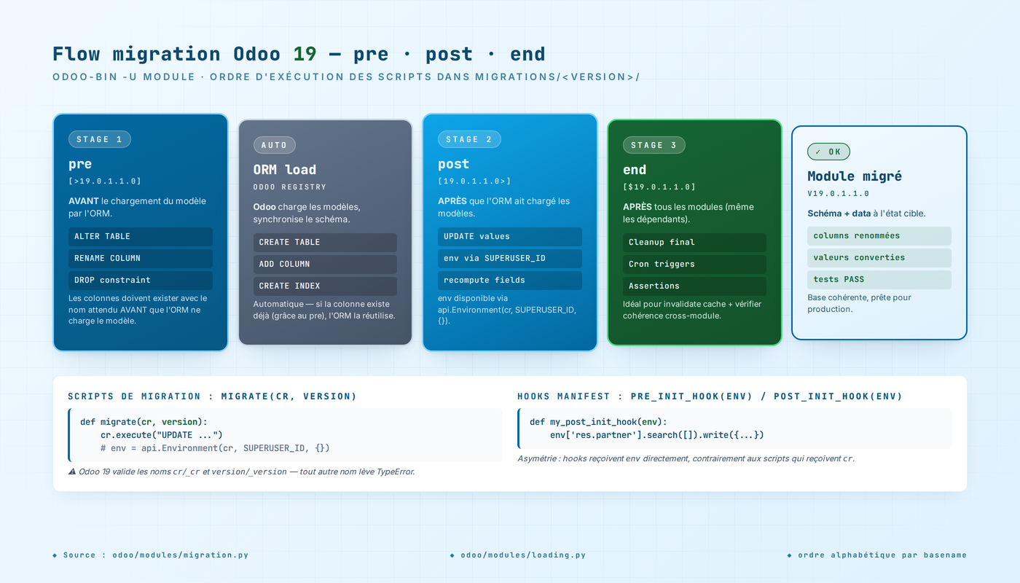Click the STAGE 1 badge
[99, 139]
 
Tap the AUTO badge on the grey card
[274, 145]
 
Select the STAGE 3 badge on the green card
[654, 145]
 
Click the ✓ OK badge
[828, 152]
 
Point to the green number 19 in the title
[305, 54]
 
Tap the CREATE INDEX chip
[325, 286]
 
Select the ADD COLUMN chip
[325, 264]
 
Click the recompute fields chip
[509, 280]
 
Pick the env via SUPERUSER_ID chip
[509, 258]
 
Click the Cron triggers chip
[694, 264]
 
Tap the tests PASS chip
[879, 279]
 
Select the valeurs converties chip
[879, 257]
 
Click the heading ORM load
[285, 170]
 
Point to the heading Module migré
[855, 176]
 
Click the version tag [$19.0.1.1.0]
[659, 187]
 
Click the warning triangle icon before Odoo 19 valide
[72, 472]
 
